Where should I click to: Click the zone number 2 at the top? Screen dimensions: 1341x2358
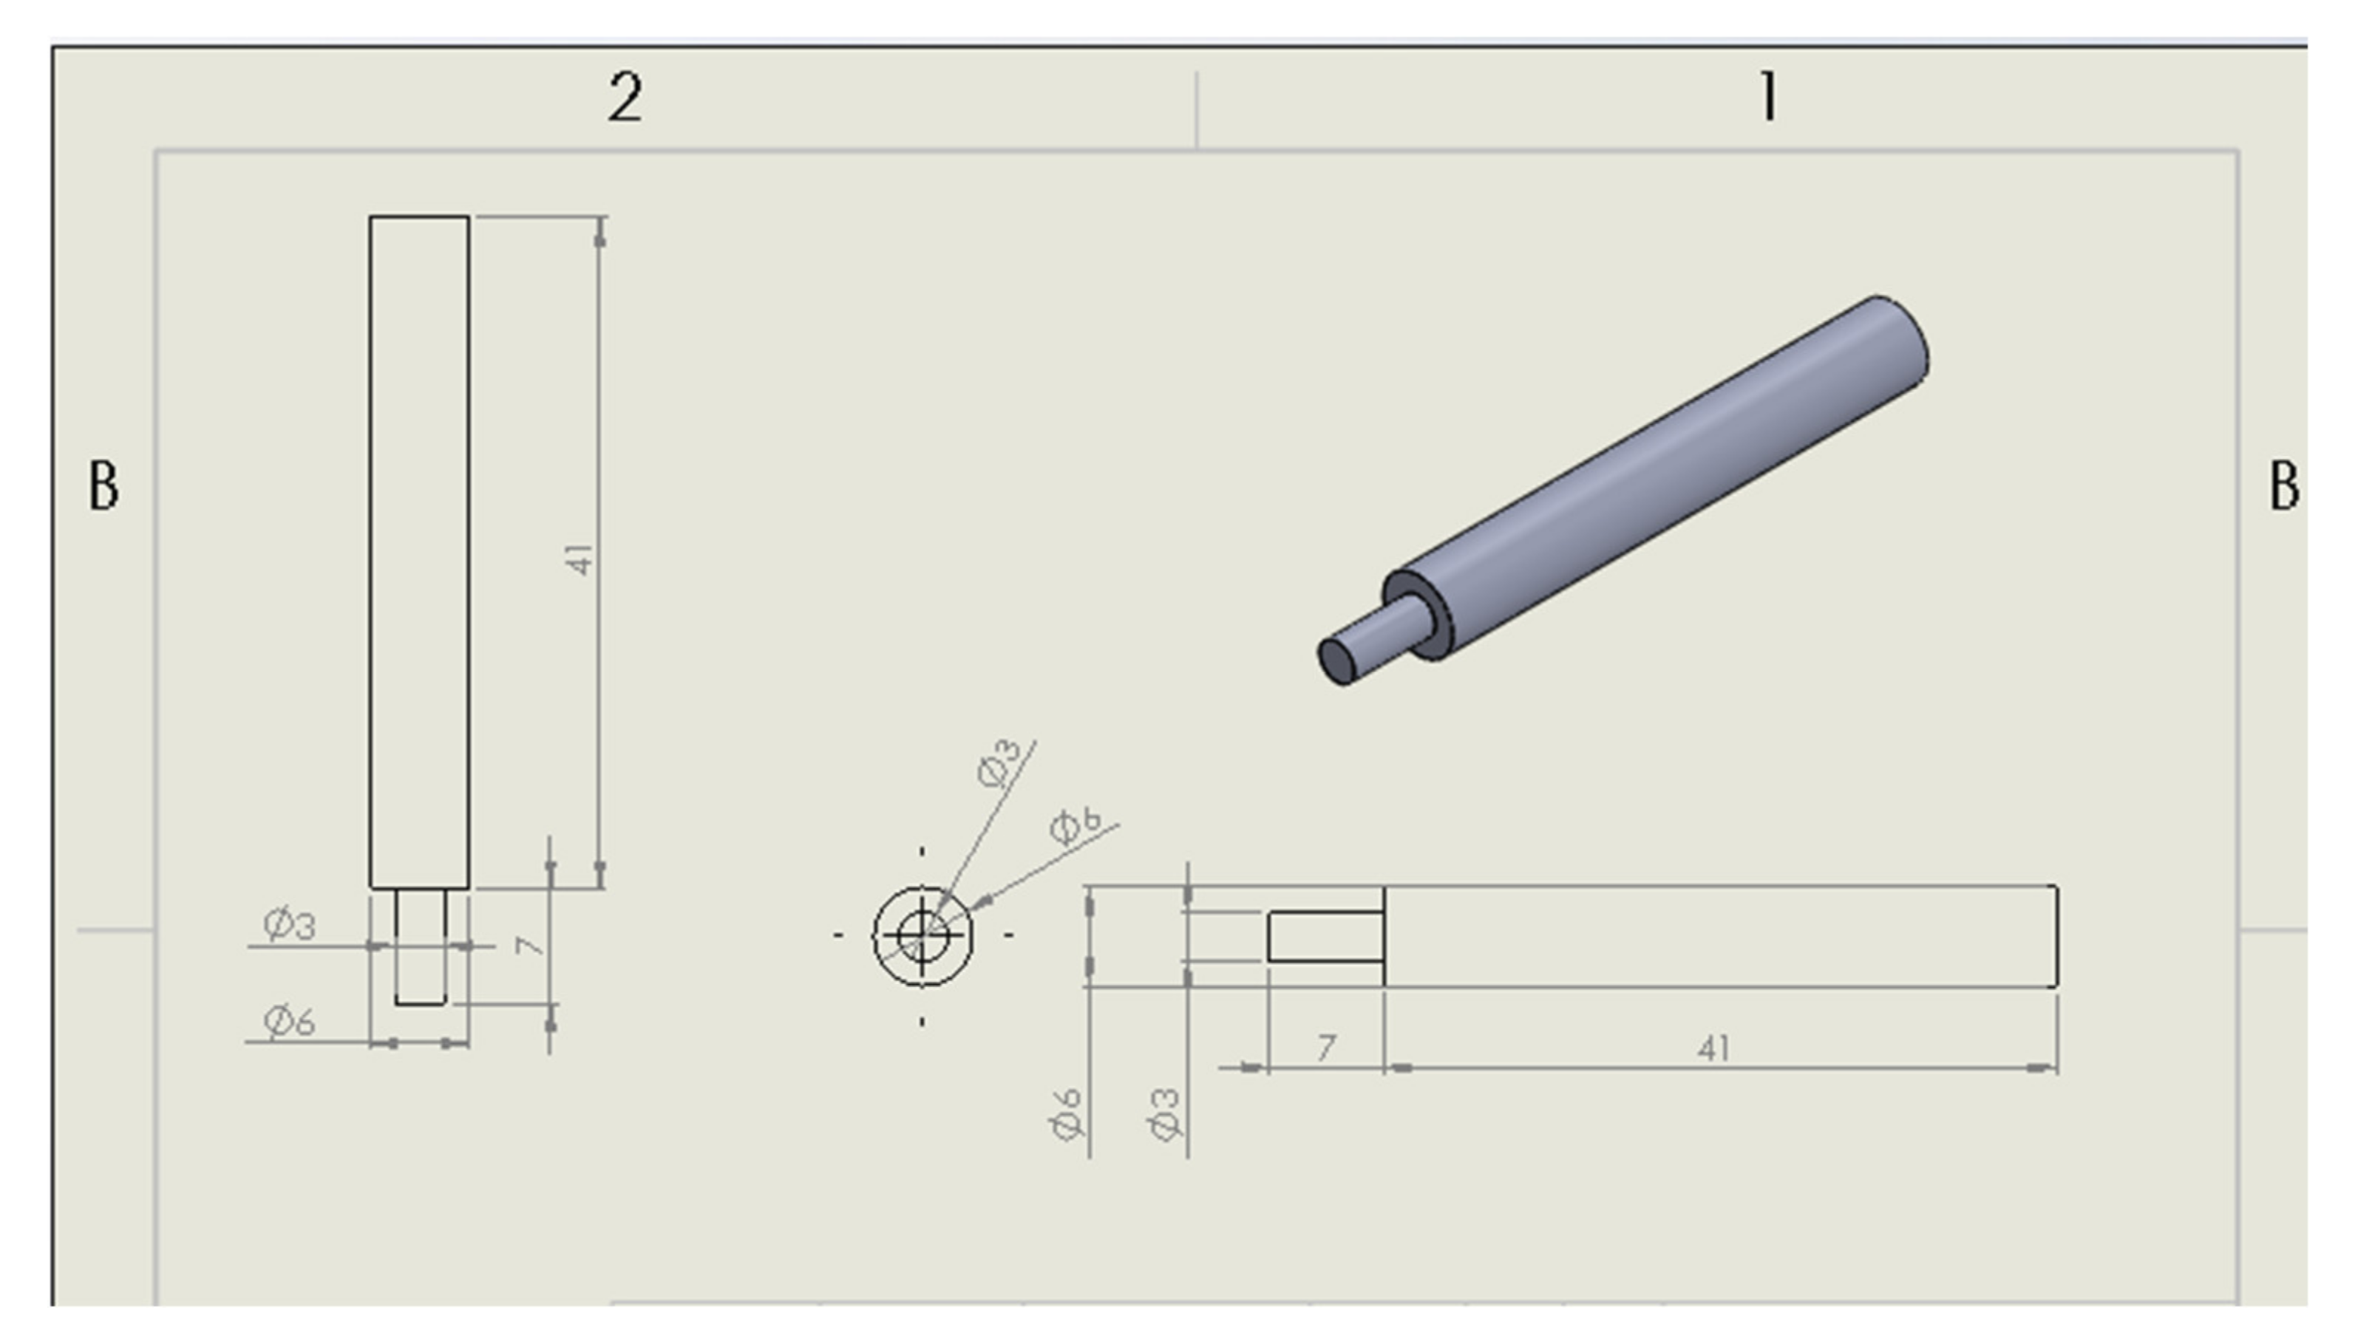click(x=625, y=98)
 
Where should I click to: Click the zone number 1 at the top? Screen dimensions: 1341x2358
click(x=1767, y=98)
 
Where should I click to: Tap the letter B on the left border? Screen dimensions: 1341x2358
click(x=103, y=485)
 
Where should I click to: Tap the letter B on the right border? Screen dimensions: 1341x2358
click(x=2283, y=485)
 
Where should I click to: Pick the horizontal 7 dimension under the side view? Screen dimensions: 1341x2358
click(x=1326, y=1047)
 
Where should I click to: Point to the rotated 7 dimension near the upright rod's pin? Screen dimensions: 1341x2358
click(x=530, y=945)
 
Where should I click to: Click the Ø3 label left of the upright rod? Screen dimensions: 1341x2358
click(x=289, y=924)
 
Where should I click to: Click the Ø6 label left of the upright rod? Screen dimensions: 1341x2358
click(x=289, y=1020)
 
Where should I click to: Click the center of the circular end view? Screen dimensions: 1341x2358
click(x=923, y=936)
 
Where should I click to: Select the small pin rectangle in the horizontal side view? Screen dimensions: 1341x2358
click(x=1325, y=937)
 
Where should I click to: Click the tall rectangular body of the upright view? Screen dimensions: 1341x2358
click(x=419, y=553)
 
